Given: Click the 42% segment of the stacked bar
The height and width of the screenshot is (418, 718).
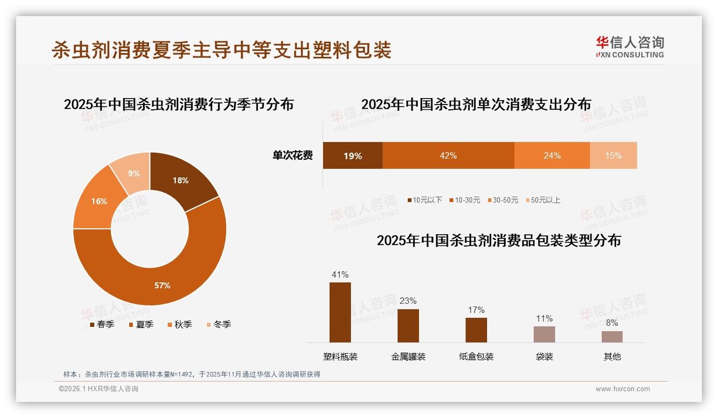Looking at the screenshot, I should (x=448, y=155).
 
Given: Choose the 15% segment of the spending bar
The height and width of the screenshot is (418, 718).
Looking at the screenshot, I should (x=614, y=155).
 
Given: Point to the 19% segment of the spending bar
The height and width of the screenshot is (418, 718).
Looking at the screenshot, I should (x=353, y=155).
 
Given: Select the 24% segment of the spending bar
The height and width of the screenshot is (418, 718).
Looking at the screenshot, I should (x=552, y=155).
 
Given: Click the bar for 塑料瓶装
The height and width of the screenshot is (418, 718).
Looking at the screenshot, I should (x=340, y=312).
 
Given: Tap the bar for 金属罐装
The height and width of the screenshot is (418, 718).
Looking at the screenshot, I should (x=408, y=326).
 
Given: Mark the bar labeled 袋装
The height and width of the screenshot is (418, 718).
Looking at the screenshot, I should (x=544, y=334).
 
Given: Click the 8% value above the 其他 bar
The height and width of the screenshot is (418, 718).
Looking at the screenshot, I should (x=612, y=323).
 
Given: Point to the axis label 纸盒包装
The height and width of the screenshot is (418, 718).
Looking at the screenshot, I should (x=476, y=356).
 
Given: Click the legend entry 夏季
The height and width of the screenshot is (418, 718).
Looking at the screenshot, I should (x=141, y=324).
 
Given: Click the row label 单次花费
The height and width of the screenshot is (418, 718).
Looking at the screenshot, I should (x=293, y=155).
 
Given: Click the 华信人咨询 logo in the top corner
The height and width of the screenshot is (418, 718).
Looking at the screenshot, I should (x=630, y=47).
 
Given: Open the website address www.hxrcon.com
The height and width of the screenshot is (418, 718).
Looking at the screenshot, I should (x=623, y=389).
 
